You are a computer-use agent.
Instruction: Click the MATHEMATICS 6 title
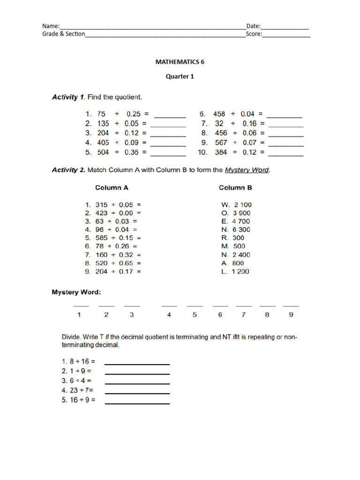[180, 61]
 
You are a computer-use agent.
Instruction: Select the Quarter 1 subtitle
[180, 77]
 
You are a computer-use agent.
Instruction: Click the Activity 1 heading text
[97, 97]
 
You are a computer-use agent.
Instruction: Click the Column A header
[112, 187]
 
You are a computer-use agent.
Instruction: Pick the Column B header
[235, 187]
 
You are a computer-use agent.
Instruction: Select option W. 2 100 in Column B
[236, 205]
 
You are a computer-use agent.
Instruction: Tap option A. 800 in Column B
[232, 263]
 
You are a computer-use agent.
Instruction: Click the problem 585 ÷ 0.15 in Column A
[113, 238]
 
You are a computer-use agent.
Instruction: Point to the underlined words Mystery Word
[247, 170]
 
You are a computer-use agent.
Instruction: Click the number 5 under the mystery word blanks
[195, 315]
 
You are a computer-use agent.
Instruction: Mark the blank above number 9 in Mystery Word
[291, 306]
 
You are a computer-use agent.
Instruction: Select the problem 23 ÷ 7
[78, 390]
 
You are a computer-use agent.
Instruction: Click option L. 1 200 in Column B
[235, 271]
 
